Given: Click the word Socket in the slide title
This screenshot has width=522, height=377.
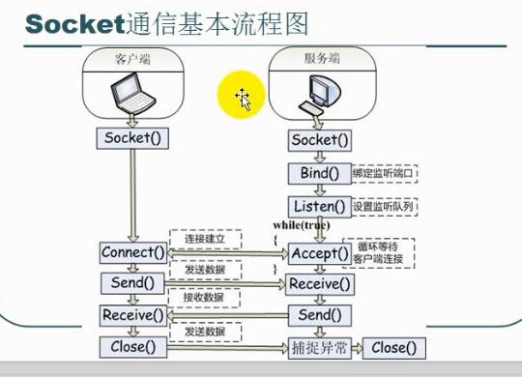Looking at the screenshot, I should (68, 23).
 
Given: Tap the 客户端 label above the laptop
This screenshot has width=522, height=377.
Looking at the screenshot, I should (132, 59).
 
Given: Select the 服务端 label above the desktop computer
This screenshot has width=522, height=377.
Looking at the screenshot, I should (318, 58).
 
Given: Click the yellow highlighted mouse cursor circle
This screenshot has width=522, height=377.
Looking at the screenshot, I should (241, 97).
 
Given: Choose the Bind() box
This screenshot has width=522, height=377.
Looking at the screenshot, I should (318, 173).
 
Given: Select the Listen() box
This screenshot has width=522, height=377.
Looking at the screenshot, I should (318, 206).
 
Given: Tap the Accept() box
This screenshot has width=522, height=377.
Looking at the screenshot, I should (318, 253).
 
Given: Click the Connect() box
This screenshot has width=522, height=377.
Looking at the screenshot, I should (133, 253).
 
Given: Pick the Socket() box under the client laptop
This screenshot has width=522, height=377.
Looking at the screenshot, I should (132, 137).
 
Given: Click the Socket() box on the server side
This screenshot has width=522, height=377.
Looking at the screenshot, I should (318, 141).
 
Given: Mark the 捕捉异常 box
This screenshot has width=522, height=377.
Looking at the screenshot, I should (318, 347).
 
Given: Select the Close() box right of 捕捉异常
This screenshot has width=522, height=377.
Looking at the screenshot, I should (393, 347).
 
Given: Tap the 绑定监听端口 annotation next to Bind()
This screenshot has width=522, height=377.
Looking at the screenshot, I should (384, 173).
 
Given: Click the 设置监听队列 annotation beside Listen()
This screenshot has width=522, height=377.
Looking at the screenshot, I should (384, 206).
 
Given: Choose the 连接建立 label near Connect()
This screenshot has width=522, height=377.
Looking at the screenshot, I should (197, 238).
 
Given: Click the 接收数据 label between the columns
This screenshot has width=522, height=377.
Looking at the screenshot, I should (197, 299).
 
